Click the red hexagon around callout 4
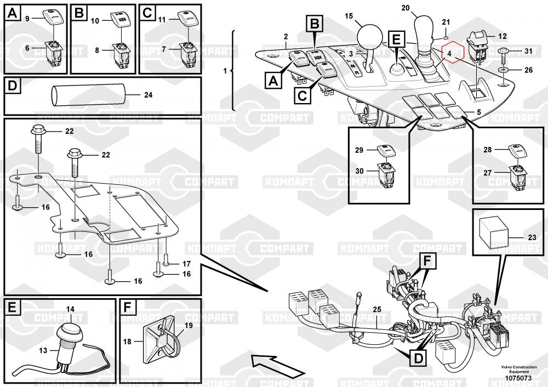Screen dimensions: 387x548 (453, 54)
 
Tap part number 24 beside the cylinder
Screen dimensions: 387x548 (148, 95)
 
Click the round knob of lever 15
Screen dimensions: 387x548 (369, 38)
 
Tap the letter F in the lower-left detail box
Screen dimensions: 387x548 (127, 307)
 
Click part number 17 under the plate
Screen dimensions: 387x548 (186, 263)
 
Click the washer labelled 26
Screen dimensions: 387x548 (504, 70)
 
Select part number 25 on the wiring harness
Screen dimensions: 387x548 (377, 309)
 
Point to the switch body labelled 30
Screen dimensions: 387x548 (385, 175)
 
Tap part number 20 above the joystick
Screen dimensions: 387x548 (405, 8)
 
